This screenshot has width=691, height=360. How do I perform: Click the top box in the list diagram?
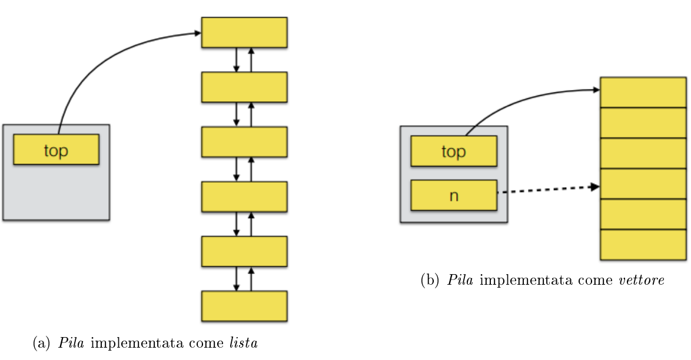(x=56, y=149)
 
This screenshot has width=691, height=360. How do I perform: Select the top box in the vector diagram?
(x=453, y=151)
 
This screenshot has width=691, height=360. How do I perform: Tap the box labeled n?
(x=453, y=195)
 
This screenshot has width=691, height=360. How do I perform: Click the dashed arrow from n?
(x=547, y=189)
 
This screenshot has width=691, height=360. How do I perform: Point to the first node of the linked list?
(x=244, y=32)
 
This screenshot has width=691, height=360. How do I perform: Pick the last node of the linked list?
(x=244, y=306)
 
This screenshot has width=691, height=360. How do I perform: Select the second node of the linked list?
(x=244, y=87)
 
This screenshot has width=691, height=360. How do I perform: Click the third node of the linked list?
(x=244, y=142)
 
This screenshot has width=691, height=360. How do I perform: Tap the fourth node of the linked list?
(x=244, y=196)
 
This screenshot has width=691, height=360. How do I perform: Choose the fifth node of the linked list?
(x=244, y=251)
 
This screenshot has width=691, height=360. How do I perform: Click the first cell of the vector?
(x=644, y=92)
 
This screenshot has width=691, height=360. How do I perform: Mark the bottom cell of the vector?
(x=644, y=245)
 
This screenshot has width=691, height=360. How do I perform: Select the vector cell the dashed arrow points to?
(x=644, y=184)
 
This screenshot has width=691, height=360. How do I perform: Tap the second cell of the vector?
(x=644, y=122)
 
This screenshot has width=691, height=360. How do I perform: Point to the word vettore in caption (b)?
(x=642, y=280)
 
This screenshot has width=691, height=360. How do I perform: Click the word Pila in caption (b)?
(x=461, y=280)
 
